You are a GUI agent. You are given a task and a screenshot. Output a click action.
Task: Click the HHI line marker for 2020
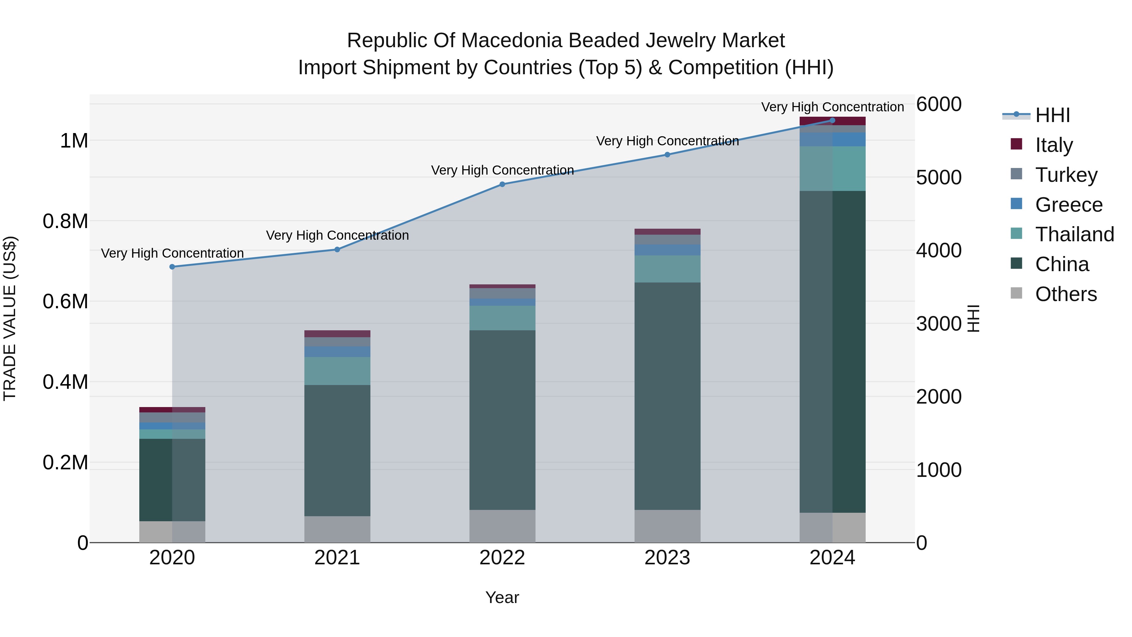coord(172,267)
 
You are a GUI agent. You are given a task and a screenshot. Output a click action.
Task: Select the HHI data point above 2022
coord(502,184)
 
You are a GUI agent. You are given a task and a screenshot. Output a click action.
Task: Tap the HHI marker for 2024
coord(832,120)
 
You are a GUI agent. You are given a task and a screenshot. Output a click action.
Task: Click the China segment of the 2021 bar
coord(337,450)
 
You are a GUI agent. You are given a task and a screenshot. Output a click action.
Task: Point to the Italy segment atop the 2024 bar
coord(832,121)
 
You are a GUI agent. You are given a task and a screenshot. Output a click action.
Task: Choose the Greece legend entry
coord(1068,205)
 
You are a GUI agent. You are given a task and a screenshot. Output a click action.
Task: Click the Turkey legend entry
coord(1066,175)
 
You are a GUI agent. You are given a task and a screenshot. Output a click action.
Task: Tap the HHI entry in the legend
coord(1052,115)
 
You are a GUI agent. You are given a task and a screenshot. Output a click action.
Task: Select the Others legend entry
coord(1066,294)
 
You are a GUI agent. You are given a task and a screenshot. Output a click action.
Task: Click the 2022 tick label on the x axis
coord(502,558)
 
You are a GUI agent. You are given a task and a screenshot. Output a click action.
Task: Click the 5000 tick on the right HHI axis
coord(939,178)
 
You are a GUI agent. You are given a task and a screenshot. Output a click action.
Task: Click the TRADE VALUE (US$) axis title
coord(10,318)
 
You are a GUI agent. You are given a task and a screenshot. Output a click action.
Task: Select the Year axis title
coord(502,597)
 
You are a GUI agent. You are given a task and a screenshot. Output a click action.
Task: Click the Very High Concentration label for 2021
coord(337,235)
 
